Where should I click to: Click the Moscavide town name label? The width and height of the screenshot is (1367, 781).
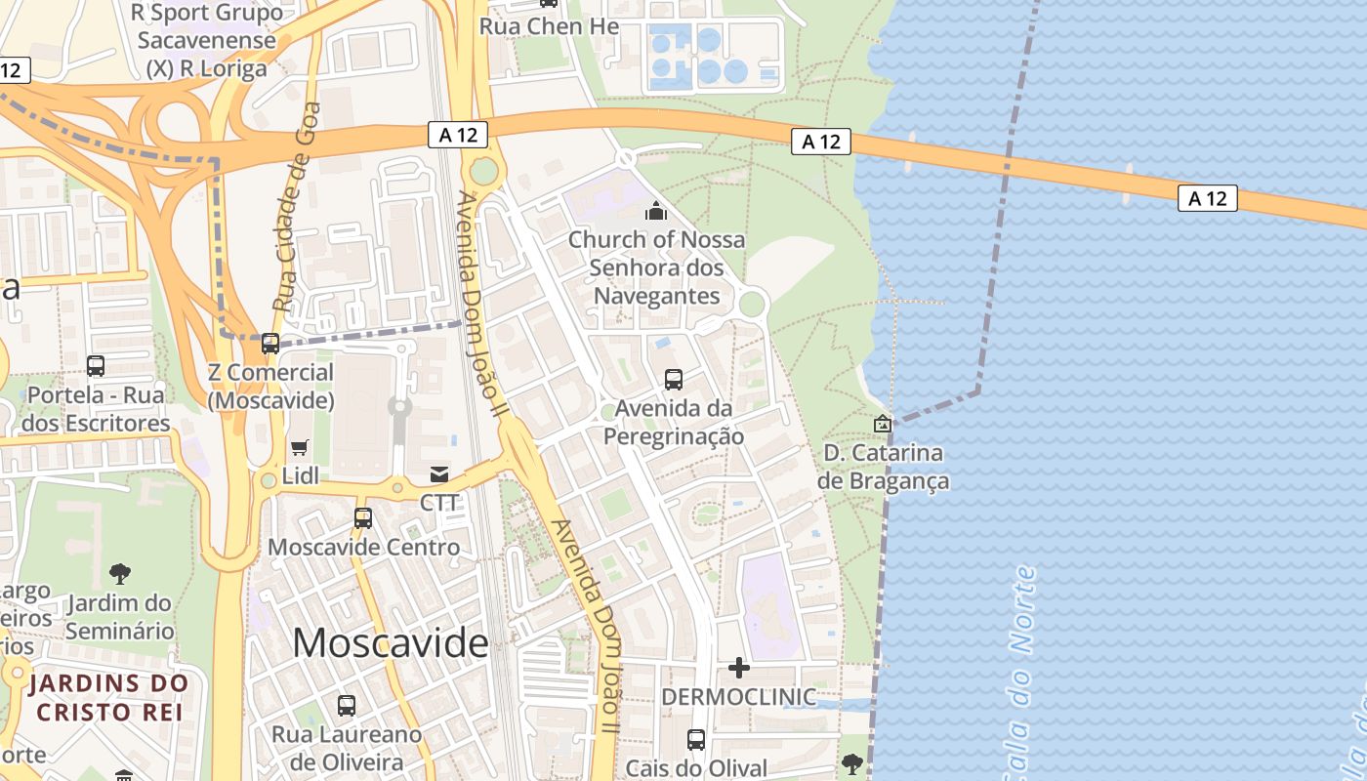point(391,643)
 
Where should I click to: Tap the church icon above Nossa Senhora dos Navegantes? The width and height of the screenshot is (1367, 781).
point(656,211)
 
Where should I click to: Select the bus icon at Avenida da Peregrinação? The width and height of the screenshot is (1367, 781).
point(673,380)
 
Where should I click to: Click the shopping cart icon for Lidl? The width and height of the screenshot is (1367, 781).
point(300,447)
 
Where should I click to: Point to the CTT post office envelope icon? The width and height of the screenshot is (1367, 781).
point(439,474)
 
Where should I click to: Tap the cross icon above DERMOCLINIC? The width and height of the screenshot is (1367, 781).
point(739,668)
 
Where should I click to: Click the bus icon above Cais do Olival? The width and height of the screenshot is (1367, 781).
point(696,740)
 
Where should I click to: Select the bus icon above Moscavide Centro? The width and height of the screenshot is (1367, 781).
point(363,518)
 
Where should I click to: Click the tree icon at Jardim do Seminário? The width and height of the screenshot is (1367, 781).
point(120,574)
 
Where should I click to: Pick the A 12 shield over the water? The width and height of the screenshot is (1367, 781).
point(1208,198)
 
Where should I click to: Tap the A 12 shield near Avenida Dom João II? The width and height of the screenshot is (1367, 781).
point(457,135)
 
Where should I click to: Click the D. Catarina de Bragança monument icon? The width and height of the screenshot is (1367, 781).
point(883,424)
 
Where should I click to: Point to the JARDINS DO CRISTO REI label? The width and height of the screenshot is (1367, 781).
point(108,696)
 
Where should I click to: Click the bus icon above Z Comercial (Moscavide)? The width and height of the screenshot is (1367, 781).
point(270,344)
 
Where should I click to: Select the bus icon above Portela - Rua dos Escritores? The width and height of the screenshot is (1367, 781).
point(96,366)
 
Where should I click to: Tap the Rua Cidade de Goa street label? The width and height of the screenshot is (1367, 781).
point(297,207)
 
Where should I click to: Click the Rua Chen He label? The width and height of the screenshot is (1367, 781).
point(549,26)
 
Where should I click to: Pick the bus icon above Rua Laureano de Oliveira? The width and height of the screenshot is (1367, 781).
point(347,705)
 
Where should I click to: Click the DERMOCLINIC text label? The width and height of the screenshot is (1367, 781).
point(739,697)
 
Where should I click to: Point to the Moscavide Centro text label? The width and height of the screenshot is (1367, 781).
point(363,547)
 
